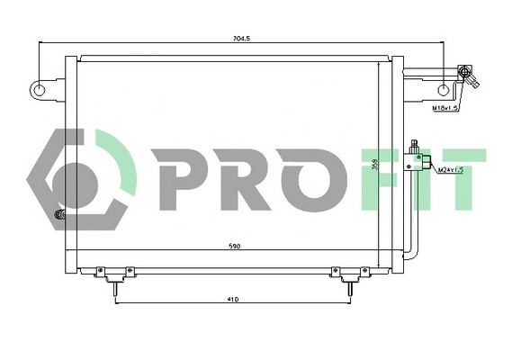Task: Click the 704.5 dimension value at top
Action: (241, 40)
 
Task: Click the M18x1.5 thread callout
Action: (445, 108)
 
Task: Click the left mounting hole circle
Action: (39, 89)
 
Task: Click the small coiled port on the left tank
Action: (61, 216)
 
